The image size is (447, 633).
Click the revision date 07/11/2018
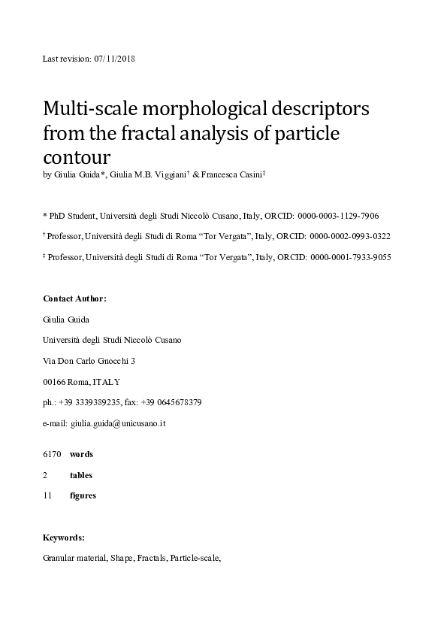point(115,59)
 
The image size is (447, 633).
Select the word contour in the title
point(77,159)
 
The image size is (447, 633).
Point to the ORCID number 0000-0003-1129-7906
point(343,215)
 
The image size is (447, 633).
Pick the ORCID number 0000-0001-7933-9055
point(350,257)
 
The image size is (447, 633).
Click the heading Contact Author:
point(75,298)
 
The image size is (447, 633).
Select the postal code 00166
point(55,382)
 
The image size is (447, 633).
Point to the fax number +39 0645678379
point(174,402)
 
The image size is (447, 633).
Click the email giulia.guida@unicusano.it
point(118,423)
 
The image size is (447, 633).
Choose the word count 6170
point(52,454)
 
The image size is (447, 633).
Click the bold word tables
point(81,475)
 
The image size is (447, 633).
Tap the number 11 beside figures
point(48,495)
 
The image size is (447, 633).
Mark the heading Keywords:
point(64,538)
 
